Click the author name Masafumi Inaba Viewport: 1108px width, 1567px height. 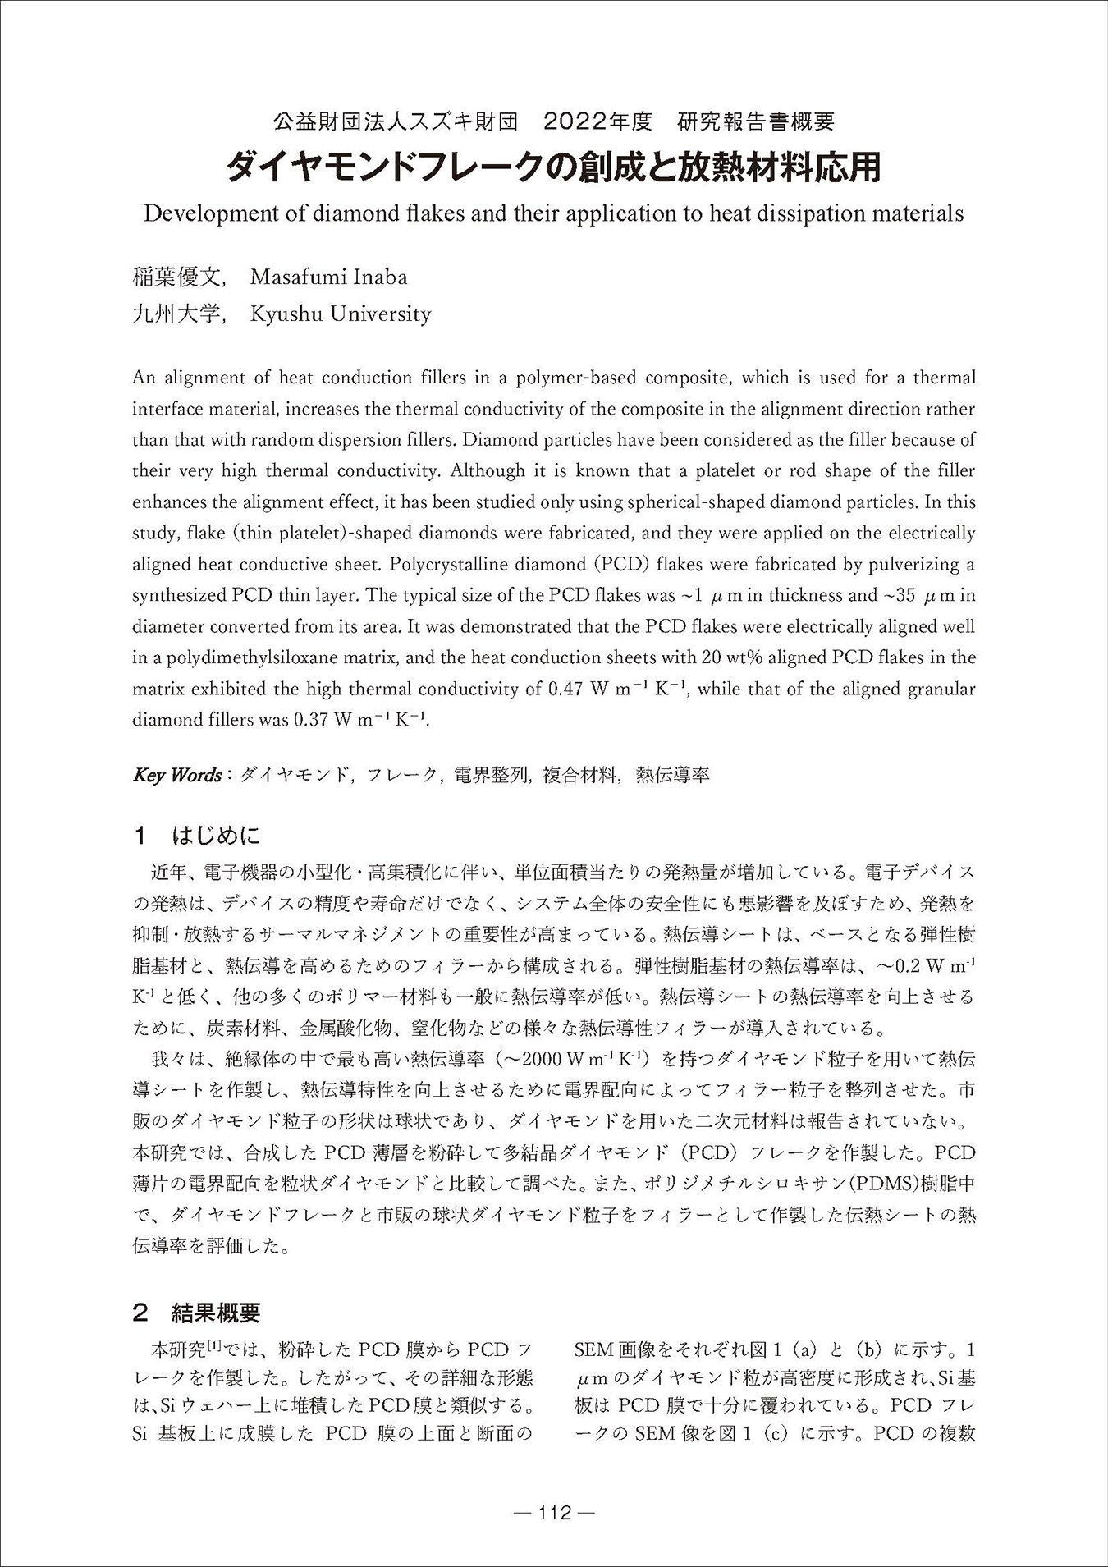328,277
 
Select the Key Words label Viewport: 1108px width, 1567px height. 177,776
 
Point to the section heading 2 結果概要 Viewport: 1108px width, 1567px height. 197,1313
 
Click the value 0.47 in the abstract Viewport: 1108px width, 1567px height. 564,689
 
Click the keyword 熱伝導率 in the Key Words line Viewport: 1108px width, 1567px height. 673,776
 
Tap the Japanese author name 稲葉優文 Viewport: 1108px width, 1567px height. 176,277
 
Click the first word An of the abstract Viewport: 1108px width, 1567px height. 144,378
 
